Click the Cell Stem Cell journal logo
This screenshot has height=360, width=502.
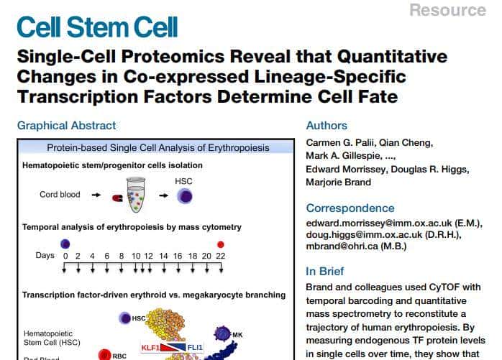[x=97, y=27]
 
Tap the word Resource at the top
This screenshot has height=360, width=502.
[x=448, y=10]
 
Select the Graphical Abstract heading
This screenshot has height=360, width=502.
[x=67, y=126]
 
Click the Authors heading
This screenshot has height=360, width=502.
[x=327, y=126]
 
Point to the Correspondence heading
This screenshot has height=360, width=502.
[x=350, y=208]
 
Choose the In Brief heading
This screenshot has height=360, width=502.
[x=324, y=272]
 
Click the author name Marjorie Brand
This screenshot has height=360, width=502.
[x=339, y=182]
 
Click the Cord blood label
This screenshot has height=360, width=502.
[x=60, y=194]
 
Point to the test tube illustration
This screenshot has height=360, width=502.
[x=136, y=195]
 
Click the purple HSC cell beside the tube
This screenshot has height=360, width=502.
[x=185, y=196]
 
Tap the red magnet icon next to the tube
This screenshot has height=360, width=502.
[x=117, y=198]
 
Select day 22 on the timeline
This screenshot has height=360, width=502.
[x=221, y=256]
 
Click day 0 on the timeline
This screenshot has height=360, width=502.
[x=65, y=256]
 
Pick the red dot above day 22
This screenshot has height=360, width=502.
[x=221, y=244]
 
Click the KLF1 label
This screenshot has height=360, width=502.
[x=150, y=347]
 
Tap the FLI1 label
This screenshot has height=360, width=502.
[x=195, y=347]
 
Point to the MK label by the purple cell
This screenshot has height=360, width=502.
[x=237, y=335]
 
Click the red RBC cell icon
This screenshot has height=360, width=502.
[x=104, y=354]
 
